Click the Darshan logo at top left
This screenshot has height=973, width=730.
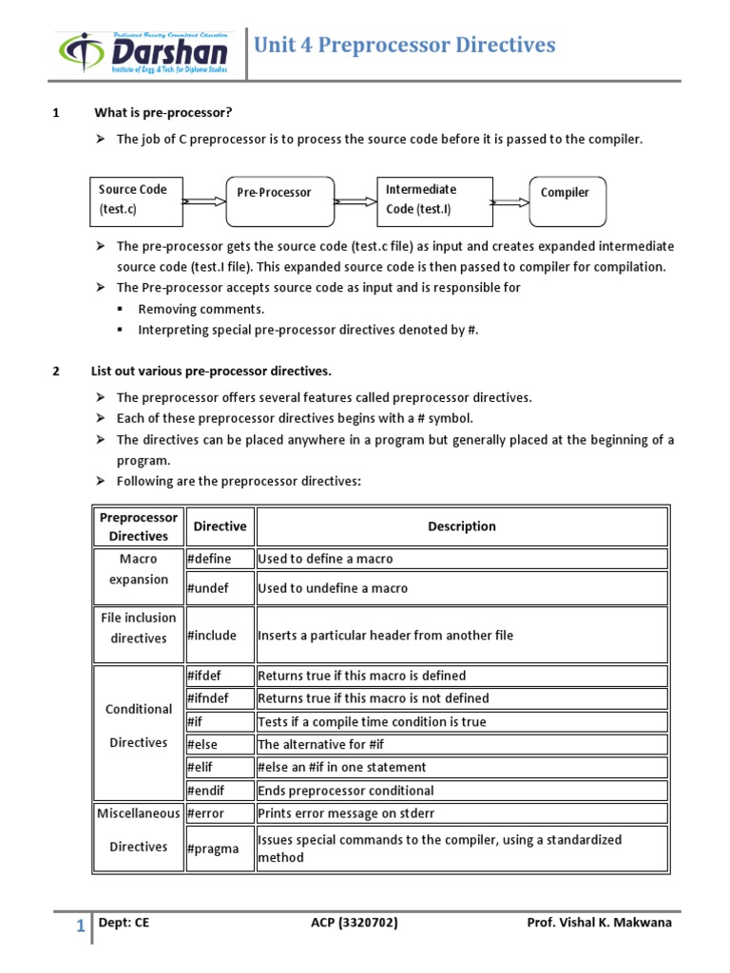coord(143,56)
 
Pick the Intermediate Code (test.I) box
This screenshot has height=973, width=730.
coord(434,200)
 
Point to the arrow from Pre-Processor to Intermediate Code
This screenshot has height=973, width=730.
coord(355,201)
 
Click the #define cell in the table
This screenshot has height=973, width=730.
coord(220,559)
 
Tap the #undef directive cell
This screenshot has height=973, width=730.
coord(220,588)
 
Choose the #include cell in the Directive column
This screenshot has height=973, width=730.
coord(220,635)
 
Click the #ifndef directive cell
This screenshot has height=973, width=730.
coord(220,698)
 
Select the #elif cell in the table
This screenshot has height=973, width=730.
coord(220,767)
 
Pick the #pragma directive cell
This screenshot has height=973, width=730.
coord(220,849)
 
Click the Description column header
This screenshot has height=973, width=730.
coord(462,526)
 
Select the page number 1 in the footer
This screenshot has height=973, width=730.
coord(81,925)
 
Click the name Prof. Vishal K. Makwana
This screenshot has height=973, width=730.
coord(599,923)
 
